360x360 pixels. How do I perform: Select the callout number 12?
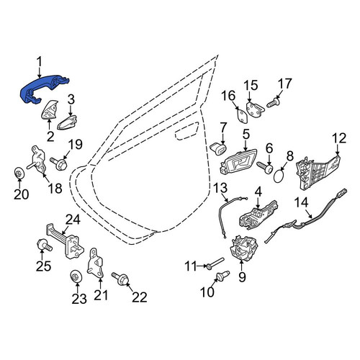339,138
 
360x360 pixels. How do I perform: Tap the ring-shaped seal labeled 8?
279,176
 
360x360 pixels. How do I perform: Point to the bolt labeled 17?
274,103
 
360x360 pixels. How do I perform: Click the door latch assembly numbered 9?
244,248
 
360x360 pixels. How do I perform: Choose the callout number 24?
73,220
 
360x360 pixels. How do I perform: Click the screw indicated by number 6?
265,167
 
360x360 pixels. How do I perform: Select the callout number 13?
220,187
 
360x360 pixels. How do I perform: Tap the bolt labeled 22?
121,279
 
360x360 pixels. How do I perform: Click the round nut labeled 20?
19,173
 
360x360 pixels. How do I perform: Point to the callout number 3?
71,100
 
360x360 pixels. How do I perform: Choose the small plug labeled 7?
218,149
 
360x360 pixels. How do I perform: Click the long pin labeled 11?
215,263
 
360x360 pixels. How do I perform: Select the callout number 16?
228,96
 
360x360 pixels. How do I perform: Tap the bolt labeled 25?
45,245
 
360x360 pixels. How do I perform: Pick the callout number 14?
301,202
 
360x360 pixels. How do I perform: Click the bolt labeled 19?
59,163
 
